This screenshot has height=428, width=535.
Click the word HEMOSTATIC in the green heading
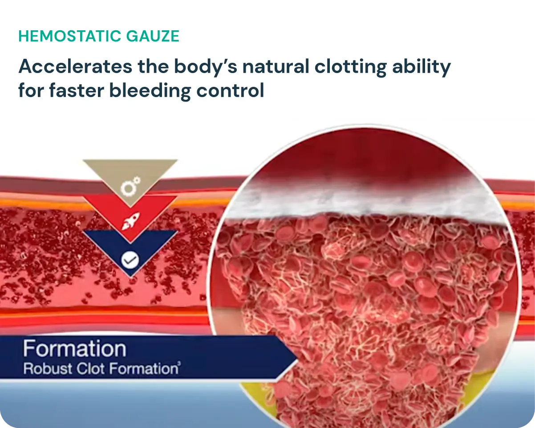click(x=71, y=36)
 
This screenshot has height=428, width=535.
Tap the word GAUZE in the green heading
click(x=153, y=36)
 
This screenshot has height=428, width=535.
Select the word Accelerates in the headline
click(x=76, y=67)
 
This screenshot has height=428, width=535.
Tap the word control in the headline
click(x=230, y=90)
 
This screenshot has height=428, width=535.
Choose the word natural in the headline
click(x=276, y=67)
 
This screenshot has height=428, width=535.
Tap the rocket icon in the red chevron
click(x=130, y=221)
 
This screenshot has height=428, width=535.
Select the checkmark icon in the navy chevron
click(x=130, y=260)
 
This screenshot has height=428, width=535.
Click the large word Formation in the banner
click(x=75, y=349)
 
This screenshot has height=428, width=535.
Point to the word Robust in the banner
click(x=48, y=368)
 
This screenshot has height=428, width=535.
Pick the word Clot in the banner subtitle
click(x=91, y=368)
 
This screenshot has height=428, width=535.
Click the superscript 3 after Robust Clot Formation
click(x=179, y=364)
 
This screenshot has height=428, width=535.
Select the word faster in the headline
click(x=77, y=90)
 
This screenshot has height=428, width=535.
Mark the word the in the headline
click(x=153, y=67)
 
